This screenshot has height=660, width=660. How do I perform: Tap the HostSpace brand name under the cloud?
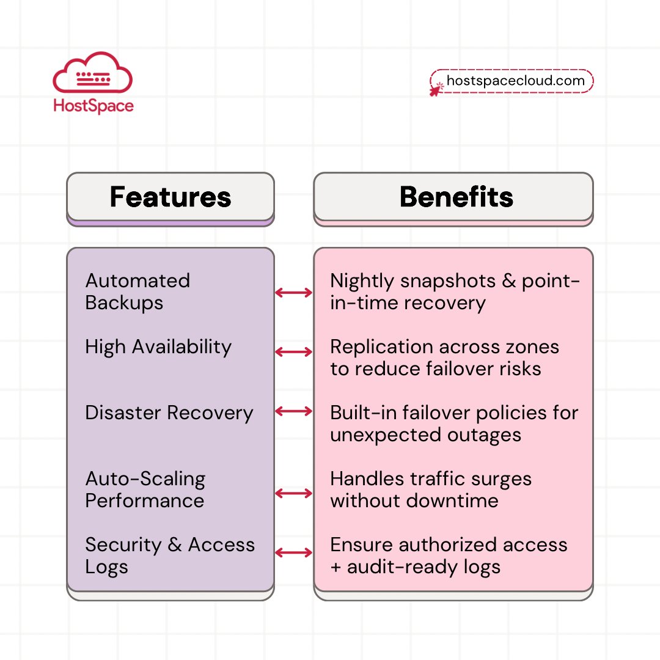pos(93,106)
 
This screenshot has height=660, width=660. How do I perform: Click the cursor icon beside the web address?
pos(436,89)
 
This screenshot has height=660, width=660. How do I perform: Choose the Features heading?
pos(170,197)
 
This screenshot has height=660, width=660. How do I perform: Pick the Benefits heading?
pos(456,197)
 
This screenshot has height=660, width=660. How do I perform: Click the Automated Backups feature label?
pos(137,291)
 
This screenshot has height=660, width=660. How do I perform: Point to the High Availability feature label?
pos(158,346)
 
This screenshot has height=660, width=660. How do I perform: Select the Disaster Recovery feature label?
pos(169,413)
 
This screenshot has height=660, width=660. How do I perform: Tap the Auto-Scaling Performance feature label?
pos(145,490)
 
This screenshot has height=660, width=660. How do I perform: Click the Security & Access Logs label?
pos(169,555)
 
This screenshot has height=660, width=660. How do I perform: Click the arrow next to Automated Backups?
pos(293,293)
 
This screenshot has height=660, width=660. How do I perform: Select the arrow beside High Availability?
pos(293,352)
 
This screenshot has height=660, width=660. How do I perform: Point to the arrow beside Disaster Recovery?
pos(293,411)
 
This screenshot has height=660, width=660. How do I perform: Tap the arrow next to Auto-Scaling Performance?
pos(293,493)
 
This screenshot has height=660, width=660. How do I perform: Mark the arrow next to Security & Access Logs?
pos(293,553)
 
